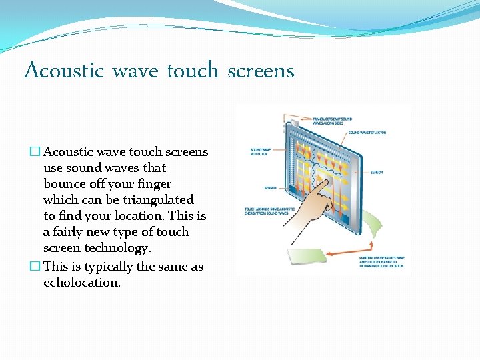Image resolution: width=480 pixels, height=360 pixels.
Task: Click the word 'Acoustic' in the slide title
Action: coord(63,70)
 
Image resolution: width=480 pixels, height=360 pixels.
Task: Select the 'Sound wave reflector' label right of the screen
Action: coord(367,133)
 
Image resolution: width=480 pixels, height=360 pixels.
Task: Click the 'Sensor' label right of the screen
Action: coord(376,172)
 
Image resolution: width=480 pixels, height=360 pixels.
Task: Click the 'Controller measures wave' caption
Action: coord(382,261)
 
